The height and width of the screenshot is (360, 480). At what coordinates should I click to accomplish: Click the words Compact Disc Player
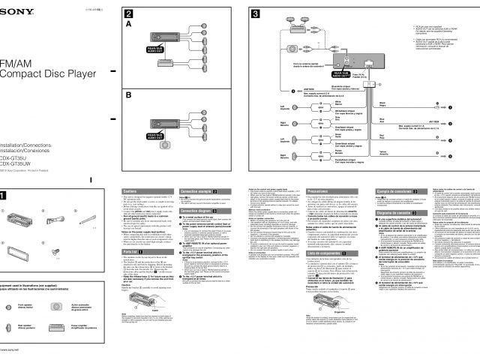tap(48, 73)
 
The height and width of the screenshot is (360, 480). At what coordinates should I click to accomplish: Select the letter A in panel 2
tap(128, 24)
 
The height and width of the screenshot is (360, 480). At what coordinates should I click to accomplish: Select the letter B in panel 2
tap(128, 95)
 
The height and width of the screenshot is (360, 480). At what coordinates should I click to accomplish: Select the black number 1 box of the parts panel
tap(5, 196)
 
